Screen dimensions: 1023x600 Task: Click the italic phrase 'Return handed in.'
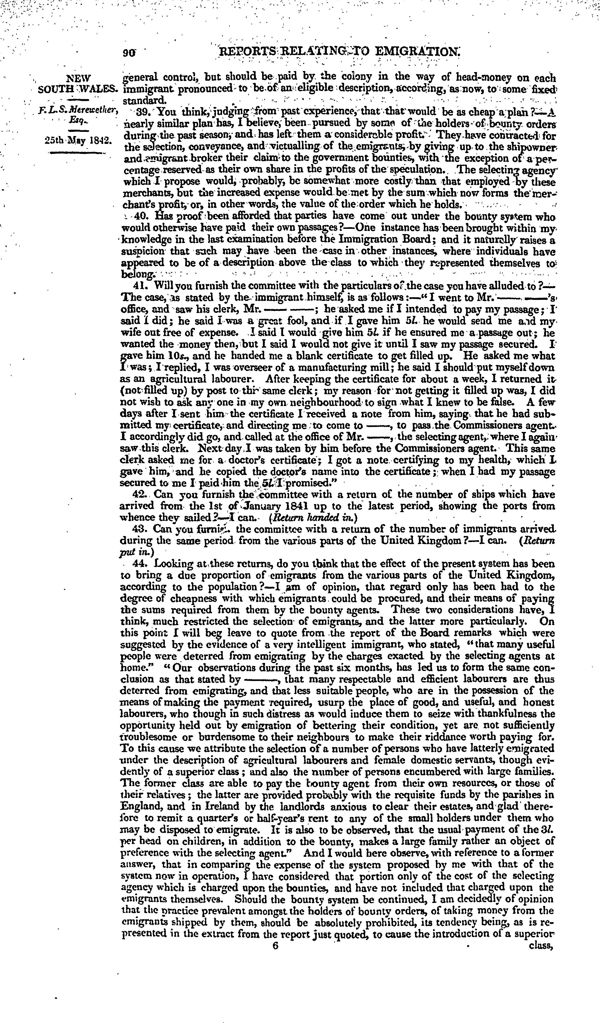[x=313, y=518]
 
